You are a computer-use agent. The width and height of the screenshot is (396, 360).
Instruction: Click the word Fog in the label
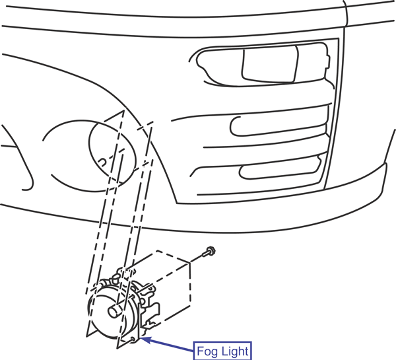coord(205,351)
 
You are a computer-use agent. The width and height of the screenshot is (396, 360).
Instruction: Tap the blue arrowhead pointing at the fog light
coord(145,340)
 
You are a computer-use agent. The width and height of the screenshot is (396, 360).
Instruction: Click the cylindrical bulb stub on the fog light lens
coord(115,310)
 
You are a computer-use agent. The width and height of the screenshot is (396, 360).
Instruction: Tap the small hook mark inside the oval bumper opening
coord(102,162)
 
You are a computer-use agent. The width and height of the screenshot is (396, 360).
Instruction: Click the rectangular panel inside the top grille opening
coord(270,63)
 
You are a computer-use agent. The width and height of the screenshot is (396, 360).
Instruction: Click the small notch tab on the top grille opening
coord(327,61)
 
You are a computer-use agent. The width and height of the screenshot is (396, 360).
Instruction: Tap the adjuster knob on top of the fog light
coord(116,275)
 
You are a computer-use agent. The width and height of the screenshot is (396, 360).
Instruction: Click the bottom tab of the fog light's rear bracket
coord(150,323)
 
